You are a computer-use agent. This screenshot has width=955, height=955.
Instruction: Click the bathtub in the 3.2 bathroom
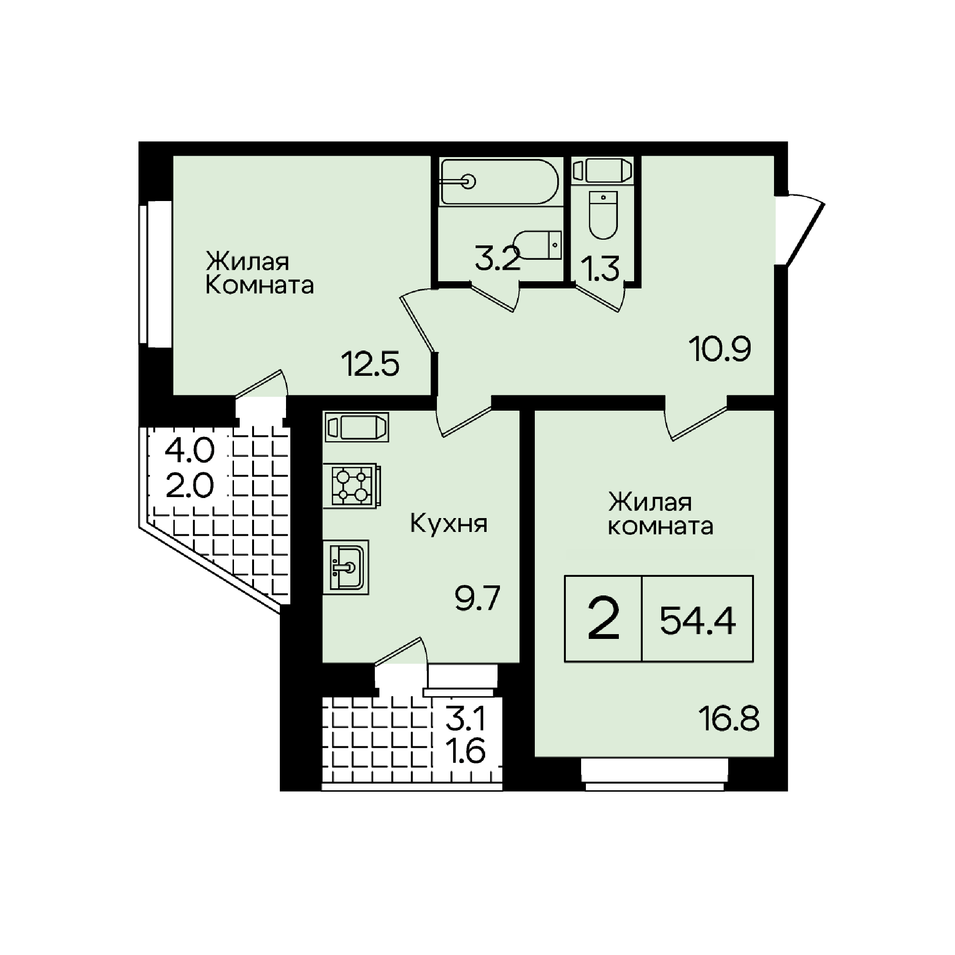click(500, 182)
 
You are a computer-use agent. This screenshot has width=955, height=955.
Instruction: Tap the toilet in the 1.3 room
click(603, 215)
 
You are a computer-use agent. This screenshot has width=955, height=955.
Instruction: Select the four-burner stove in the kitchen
click(352, 486)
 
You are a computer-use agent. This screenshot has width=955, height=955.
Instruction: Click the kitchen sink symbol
click(346, 567)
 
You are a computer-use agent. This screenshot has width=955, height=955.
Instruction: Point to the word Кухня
click(449, 523)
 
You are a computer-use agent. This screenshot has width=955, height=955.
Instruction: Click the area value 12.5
click(370, 365)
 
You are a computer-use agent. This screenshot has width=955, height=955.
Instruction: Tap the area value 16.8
click(729, 719)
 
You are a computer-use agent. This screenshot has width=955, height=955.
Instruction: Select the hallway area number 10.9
click(720, 349)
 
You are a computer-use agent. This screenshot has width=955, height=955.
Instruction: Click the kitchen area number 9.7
click(477, 598)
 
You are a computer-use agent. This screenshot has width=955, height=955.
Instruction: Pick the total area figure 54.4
click(698, 621)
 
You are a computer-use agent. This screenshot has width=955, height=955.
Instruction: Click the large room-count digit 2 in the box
click(604, 618)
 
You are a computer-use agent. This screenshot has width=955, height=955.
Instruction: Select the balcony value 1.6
click(466, 753)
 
